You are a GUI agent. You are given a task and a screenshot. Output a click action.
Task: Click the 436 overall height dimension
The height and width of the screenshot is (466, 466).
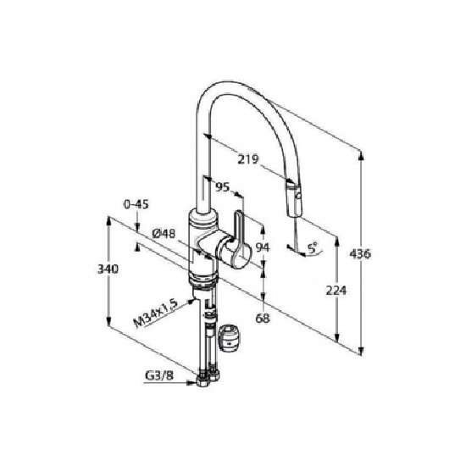point(360,254)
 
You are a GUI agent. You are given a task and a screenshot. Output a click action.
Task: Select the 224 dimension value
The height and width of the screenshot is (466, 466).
point(336,290)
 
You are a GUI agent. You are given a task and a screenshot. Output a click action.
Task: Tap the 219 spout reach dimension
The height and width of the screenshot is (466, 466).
point(248,159)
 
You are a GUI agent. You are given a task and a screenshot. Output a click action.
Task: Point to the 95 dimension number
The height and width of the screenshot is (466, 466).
point(223,187)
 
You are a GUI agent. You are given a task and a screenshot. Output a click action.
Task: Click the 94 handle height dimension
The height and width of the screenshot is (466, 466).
point(263,247)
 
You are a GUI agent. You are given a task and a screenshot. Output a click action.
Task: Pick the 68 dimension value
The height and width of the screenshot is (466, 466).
point(263,319)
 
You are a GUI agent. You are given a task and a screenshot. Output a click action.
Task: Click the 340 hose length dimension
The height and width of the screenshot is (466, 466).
point(108,269)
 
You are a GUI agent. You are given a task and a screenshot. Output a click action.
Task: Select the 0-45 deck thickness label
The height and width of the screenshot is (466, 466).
point(136,204)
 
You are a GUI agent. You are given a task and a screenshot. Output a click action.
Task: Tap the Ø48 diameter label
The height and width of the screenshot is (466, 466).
point(164,234)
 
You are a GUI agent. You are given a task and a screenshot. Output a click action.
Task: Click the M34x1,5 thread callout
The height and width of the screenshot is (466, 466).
point(155,313)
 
